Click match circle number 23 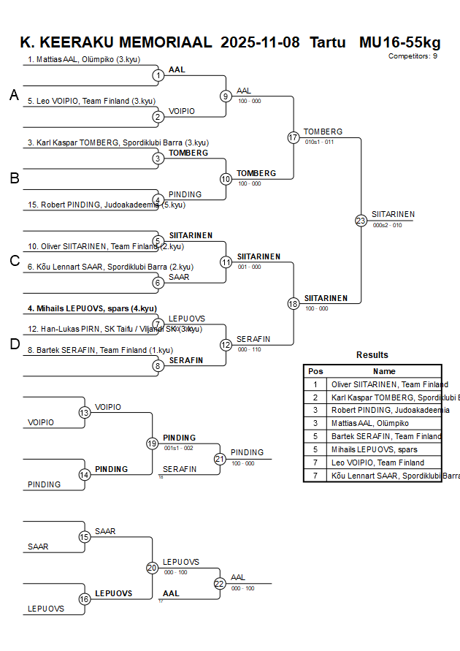(361, 221)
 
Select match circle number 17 (294, 137)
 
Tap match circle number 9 (226, 96)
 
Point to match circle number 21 (220, 459)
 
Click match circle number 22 (220, 583)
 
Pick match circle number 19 (152, 443)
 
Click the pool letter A (14, 95)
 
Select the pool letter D (14, 345)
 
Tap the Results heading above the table (372, 354)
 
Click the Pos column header (315, 371)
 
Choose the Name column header (384, 371)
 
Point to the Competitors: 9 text (413, 56)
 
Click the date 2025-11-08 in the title (260, 42)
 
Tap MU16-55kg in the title (399, 42)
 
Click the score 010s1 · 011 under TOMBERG (319, 142)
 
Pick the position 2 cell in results (315, 397)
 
